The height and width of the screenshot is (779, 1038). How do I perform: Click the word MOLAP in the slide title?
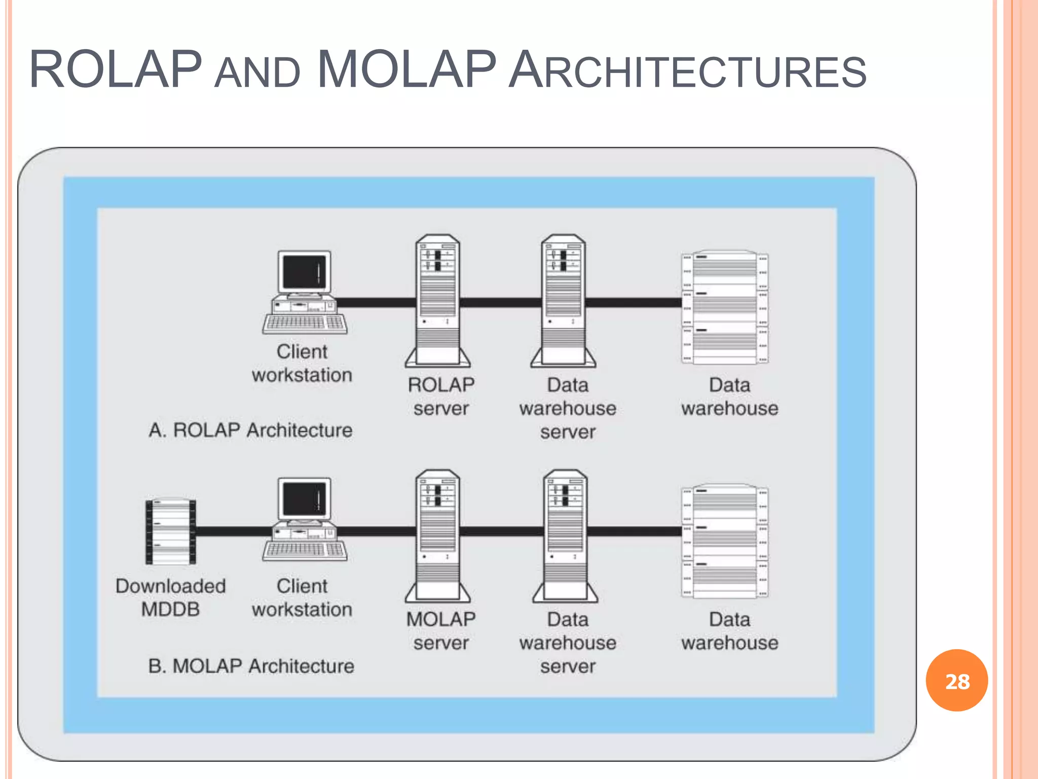406,69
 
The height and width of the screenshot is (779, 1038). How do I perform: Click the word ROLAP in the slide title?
116,69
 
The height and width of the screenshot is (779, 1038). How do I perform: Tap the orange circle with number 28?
956,680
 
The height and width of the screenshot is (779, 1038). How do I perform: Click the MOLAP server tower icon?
438,535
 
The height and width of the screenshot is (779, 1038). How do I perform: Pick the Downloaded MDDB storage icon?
171,532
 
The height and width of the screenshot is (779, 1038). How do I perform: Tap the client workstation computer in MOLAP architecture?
305,519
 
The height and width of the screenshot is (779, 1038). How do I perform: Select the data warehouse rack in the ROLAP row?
725,307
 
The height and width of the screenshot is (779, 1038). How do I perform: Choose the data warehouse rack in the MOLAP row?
725,541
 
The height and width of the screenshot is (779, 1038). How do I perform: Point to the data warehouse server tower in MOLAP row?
565,535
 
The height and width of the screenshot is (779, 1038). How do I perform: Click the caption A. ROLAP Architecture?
250,430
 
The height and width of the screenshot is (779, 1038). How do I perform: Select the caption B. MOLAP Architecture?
251,666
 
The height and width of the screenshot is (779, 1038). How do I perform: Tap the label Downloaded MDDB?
170,597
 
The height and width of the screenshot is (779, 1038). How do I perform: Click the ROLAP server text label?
441,397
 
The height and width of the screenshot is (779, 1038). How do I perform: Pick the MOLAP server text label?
441,631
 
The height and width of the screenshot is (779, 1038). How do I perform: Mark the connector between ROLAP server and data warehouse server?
500,303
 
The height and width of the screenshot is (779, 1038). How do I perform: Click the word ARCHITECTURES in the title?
687,71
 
